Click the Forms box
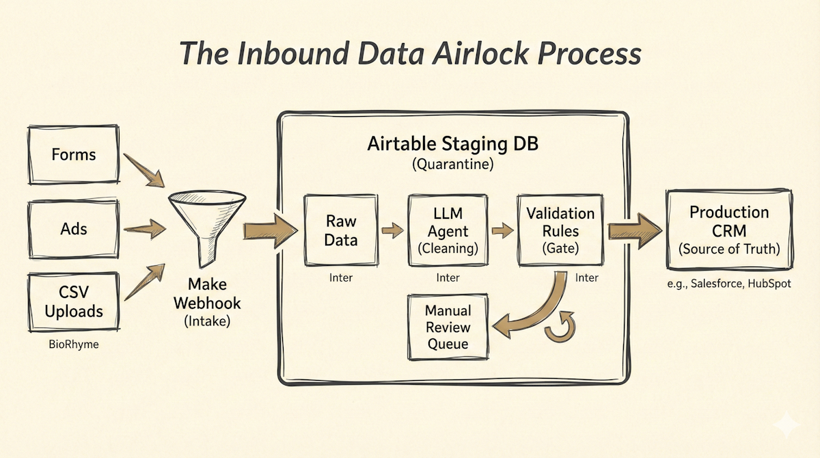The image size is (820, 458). pyautogui.click(x=73, y=155)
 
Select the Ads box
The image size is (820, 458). pyautogui.click(x=73, y=228)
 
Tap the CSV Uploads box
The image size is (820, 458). pyautogui.click(x=73, y=304)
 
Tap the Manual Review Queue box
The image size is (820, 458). pyautogui.click(x=448, y=327)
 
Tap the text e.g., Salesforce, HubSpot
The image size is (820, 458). pyautogui.click(x=728, y=283)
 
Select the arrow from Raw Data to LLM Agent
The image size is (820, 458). pyautogui.click(x=392, y=231)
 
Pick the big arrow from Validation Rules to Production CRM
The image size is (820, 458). pyautogui.click(x=635, y=228)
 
